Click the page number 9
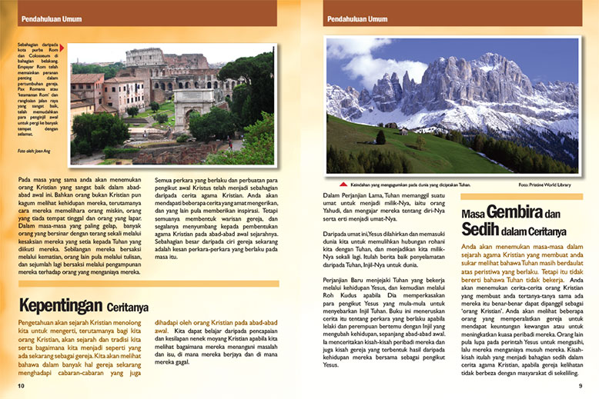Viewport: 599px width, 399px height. click(581, 386)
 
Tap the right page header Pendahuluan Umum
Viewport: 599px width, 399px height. click(357, 17)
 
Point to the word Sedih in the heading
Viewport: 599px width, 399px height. click(480, 229)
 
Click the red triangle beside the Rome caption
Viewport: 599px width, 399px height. click(62, 48)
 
